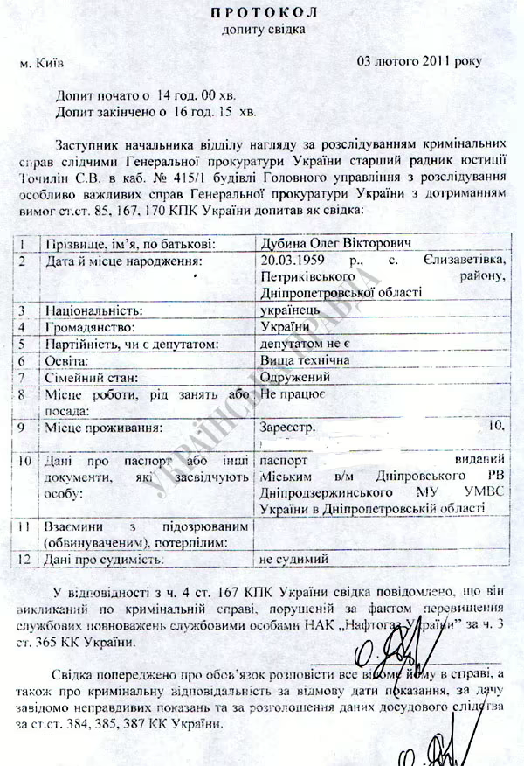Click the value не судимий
(293, 557)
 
